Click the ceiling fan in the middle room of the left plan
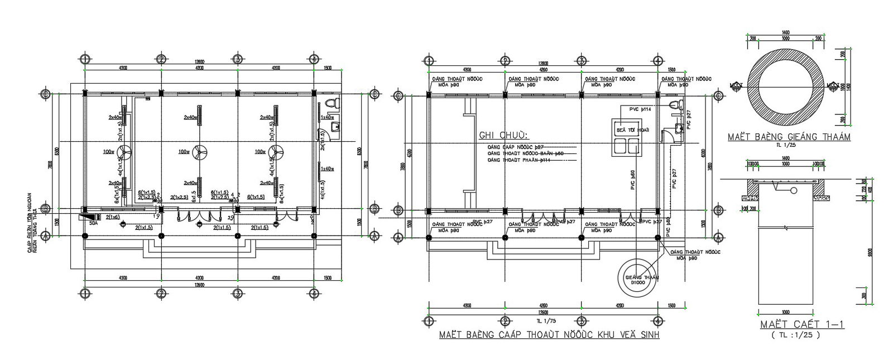[x=199, y=151]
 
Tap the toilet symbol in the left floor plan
[x=332, y=104]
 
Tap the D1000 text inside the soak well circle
[x=637, y=283]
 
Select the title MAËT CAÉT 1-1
[x=801, y=325]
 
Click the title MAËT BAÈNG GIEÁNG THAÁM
[x=789, y=137]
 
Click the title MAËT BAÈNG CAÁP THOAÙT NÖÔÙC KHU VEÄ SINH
[x=549, y=335]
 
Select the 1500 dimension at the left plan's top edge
[x=328, y=68]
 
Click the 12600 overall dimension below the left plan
[x=199, y=285]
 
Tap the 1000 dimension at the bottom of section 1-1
[x=786, y=311]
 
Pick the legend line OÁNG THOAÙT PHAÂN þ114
[x=519, y=160]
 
